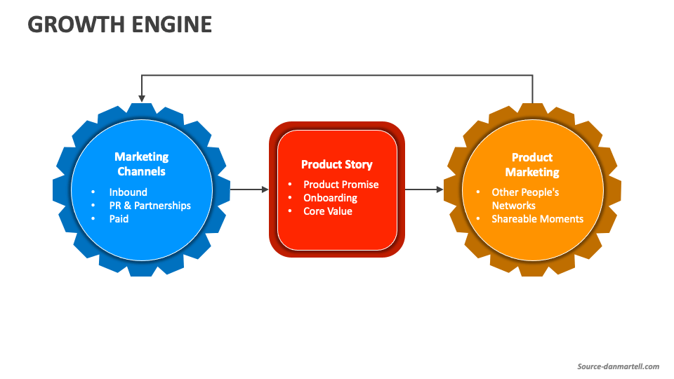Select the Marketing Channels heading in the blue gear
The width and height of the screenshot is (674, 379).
pos(142,164)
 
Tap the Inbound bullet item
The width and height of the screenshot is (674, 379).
pos(128,192)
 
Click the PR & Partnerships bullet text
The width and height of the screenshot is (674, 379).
pos(150,206)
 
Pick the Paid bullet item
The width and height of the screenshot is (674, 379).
pos(119,219)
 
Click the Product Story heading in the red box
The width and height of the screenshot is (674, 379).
pos(337,164)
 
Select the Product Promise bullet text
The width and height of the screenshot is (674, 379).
pos(341,185)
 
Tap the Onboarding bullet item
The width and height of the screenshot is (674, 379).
pos(330,198)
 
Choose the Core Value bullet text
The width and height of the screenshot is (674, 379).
pos(327,211)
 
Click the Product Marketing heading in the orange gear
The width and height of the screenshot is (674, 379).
pos(532,164)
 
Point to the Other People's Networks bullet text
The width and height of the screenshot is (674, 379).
pos(524,199)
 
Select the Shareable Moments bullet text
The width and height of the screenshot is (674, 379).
pos(537,219)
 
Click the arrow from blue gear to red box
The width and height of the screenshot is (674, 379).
pos(249,189)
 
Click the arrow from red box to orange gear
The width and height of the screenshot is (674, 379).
pos(424,189)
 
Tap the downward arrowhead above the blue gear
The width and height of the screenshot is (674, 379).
pos(142,98)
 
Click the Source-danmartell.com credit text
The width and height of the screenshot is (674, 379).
pos(618,366)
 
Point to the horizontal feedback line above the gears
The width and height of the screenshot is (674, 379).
pos(337,75)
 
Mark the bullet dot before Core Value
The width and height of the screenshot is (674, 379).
pos(289,211)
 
